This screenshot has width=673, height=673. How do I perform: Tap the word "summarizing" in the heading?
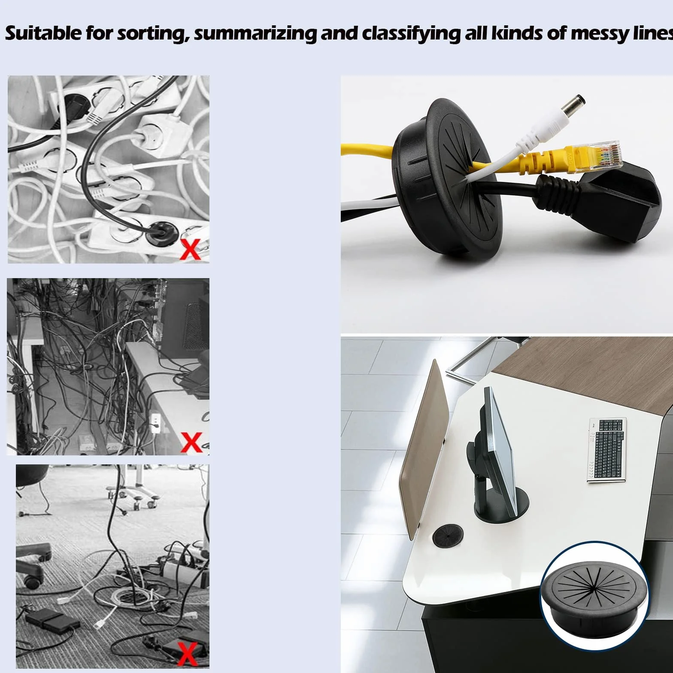point(255,33)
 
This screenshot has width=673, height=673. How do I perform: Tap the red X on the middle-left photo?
point(191,442)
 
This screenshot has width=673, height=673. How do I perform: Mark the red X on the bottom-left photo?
point(187,653)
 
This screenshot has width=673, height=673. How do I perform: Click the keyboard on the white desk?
point(607,450)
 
